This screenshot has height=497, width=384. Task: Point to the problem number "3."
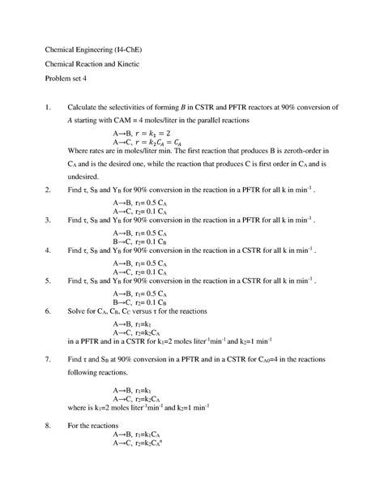point(50,220)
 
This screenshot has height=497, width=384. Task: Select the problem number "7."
point(50,358)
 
